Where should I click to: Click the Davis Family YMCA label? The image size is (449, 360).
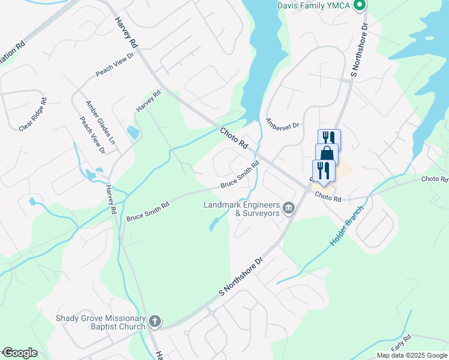[315, 5]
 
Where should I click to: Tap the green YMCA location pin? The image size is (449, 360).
[360, 6]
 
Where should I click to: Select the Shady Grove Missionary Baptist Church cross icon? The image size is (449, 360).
[154, 322]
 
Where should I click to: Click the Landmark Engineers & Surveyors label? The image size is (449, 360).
[242, 209]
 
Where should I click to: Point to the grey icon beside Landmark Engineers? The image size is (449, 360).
[289, 208]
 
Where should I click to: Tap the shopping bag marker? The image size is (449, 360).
[327, 154]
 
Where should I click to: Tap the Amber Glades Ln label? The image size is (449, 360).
[100, 120]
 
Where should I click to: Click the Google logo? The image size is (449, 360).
[20, 353]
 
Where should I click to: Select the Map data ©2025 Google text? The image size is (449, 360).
[411, 355]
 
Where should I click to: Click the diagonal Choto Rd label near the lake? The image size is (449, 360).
[234, 137]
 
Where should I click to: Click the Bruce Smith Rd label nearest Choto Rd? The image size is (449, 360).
[239, 174]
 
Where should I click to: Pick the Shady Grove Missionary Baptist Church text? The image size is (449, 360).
[101, 322]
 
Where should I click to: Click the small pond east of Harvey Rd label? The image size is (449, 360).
[133, 131]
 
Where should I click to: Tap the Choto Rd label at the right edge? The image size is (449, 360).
[435, 179]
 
